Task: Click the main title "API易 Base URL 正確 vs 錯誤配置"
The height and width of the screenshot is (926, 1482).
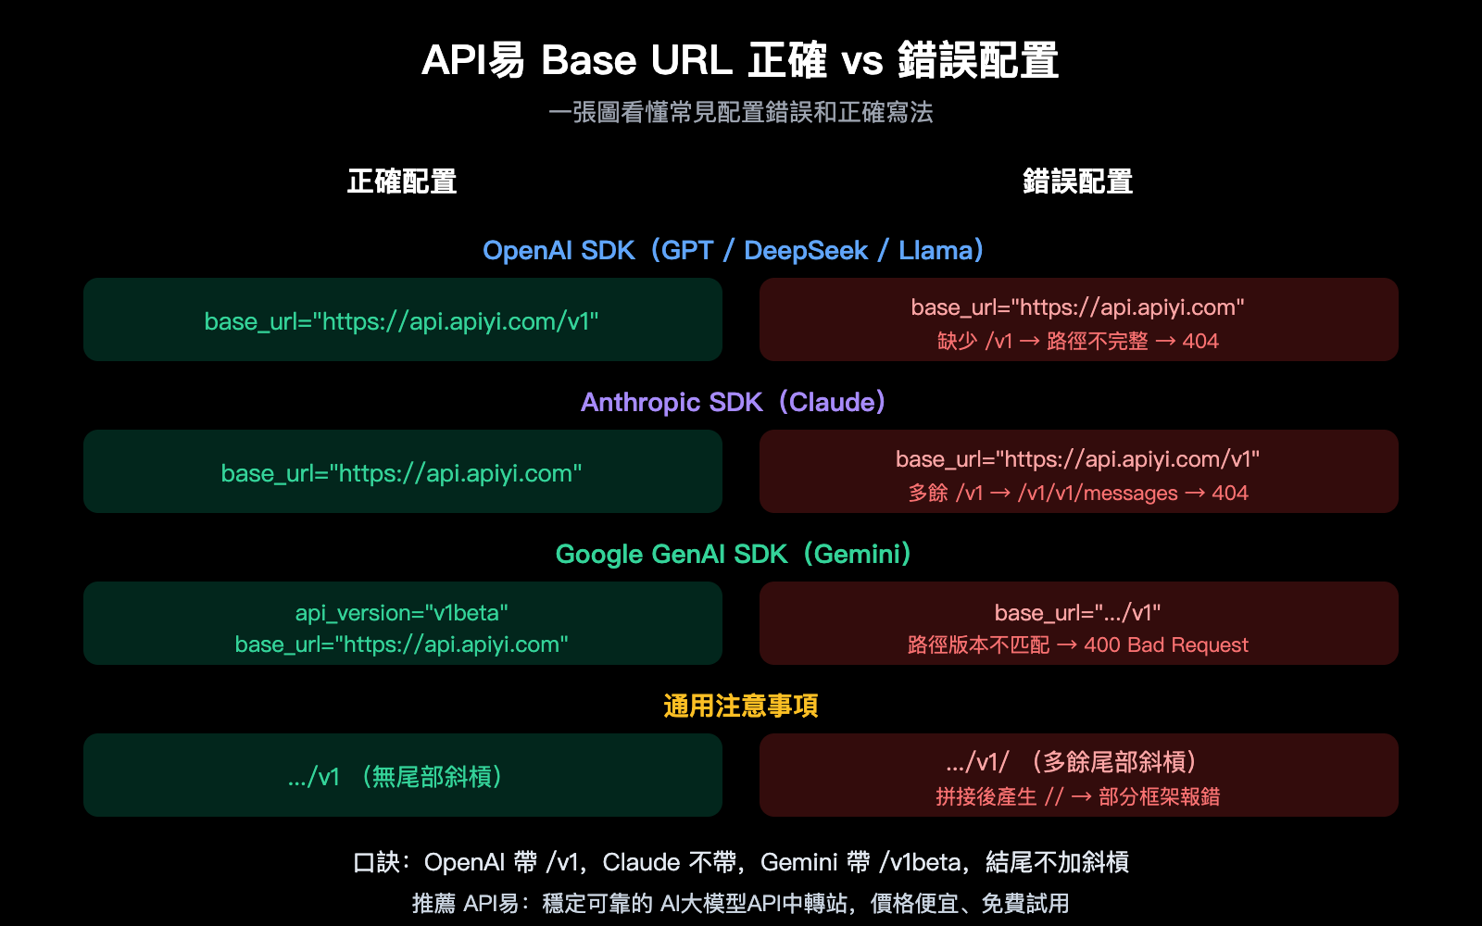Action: [x=740, y=61]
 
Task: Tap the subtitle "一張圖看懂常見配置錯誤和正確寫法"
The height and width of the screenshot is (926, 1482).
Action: [x=740, y=113]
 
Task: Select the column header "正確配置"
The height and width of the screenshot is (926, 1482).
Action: [x=402, y=181]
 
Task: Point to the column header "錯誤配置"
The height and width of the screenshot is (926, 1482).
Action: [x=1077, y=181]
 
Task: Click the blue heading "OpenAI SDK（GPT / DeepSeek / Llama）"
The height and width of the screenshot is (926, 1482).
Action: [x=733, y=251]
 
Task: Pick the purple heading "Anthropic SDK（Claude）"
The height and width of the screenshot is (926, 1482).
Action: [x=733, y=403]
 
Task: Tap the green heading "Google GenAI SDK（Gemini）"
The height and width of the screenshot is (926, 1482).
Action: [x=733, y=555]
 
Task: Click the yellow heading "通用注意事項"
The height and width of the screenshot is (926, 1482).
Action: [x=740, y=707]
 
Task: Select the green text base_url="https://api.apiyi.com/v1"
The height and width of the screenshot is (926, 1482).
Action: [x=402, y=321]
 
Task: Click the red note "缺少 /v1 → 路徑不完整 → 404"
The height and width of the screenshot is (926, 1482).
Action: [x=1077, y=342]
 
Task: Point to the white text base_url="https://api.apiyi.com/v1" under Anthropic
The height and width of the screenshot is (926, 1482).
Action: [x=1077, y=459]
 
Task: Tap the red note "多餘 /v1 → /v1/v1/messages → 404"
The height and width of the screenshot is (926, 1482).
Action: [x=1077, y=494]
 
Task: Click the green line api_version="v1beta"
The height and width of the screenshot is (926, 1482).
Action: [x=402, y=613]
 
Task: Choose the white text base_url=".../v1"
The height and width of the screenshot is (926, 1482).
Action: [x=1077, y=613]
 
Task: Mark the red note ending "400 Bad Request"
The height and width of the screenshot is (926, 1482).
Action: [x=1077, y=645]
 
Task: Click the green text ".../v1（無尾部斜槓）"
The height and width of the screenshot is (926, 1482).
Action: [x=396, y=777]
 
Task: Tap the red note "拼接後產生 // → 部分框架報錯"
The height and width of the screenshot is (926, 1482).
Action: [x=1077, y=797]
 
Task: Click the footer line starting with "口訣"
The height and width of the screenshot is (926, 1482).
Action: [x=740, y=863]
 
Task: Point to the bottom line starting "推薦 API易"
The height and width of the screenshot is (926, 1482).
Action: [x=740, y=904]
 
